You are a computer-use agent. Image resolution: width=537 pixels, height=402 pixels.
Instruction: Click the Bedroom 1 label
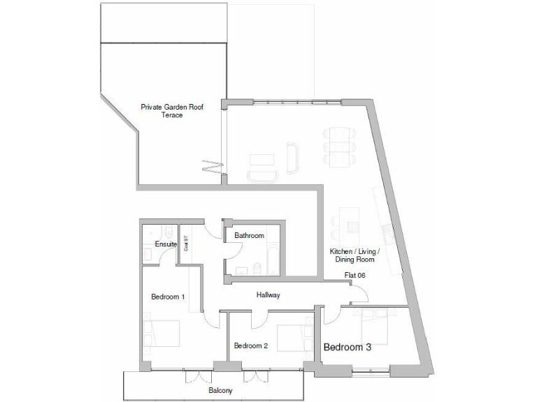[x=168, y=297]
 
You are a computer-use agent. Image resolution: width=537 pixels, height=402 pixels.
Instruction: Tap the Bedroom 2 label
[x=251, y=345]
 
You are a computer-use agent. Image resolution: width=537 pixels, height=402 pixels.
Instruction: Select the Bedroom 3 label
[x=347, y=347]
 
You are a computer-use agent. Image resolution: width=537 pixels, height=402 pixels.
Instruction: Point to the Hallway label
[x=268, y=295]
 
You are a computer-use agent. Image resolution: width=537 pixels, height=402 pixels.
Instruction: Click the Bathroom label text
[x=248, y=236]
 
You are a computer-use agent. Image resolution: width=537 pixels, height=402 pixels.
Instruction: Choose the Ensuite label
[x=166, y=244]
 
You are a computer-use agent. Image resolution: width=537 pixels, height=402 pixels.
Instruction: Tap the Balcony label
[x=220, y=391]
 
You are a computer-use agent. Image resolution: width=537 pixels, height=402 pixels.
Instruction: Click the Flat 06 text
[x=355, y=275]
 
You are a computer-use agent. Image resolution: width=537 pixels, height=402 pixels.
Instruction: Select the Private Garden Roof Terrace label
[x=172, y=111]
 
